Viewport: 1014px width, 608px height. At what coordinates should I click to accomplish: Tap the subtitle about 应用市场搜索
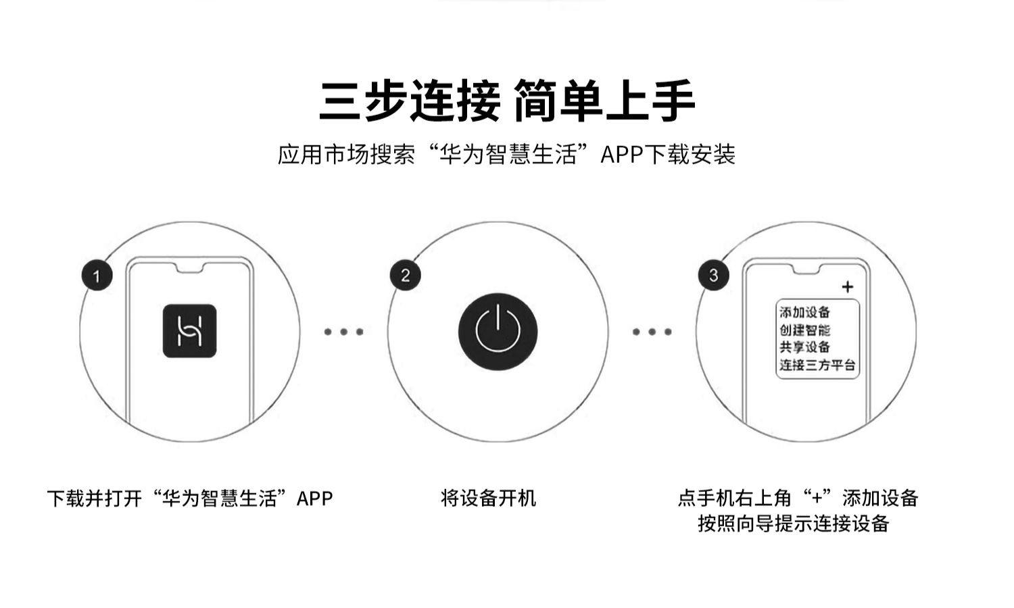pos(506,155)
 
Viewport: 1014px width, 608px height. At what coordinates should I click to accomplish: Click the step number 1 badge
pos(97,276)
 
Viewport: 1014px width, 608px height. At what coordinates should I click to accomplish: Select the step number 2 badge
pos(405,276)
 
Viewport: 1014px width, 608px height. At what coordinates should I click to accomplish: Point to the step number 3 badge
pos(713,276)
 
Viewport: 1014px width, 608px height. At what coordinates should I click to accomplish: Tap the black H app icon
pos(189,331)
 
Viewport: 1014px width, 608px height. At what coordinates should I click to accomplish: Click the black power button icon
pos(498,332)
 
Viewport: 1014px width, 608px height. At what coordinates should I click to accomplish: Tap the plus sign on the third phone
pos(848,287)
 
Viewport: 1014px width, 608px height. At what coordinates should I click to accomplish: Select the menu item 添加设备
pos(804,312)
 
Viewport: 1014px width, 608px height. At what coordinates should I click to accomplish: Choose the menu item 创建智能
pos(804,330)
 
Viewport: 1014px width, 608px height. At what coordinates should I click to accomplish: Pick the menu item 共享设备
pos(804,347)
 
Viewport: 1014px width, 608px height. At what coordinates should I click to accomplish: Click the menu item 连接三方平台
pos(817,365)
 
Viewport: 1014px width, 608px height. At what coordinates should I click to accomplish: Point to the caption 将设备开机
pos(488,499)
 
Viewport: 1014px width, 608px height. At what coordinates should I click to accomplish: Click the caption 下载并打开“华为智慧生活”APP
pos(190,499)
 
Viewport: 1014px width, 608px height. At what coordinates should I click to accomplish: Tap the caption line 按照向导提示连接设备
pos(794,524)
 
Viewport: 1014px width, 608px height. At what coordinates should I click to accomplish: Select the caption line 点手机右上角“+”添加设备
pos(798,499)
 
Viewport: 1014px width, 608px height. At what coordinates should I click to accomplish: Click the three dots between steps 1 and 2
pos(343,332)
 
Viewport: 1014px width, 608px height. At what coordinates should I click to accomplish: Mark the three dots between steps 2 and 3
pos(652,332)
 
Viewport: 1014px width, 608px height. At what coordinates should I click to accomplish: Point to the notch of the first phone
pos(189,268)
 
